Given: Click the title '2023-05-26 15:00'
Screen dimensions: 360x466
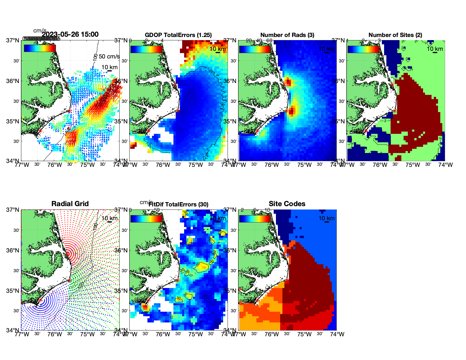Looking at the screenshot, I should pos(70,34).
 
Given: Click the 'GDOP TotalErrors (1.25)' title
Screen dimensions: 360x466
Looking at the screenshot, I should pos(178,35).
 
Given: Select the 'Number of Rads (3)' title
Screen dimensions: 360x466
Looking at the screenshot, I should pos(287,35).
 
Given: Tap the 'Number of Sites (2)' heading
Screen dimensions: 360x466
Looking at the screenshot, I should pos(395,35).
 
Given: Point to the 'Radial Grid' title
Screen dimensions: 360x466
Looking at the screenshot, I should pos(70,204).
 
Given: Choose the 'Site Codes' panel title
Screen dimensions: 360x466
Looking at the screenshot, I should pos(287,204).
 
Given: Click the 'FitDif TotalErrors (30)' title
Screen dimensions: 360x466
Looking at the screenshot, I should pos(179,204).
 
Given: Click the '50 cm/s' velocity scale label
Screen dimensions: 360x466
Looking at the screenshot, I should pos(109,56).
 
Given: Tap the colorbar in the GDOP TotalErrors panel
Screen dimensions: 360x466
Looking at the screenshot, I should pos(147,49).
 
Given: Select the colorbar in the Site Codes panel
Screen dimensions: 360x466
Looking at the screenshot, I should pos(255,219).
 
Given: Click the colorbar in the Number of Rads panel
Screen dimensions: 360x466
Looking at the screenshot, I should pos(255,49).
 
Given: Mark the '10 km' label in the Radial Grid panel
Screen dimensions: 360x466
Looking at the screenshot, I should pos(110,218).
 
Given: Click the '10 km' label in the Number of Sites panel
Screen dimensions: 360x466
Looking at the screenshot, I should pos(435,49).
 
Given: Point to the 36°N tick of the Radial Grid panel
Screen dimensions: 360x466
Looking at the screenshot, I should pos(13,250).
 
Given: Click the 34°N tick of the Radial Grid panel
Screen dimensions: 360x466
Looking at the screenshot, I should pos(13,330).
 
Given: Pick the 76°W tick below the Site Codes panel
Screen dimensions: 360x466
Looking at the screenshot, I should pos(272,334).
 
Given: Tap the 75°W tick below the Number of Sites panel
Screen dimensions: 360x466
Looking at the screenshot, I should pos(413,165).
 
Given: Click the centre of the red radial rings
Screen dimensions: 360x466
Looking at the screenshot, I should pos(68,254).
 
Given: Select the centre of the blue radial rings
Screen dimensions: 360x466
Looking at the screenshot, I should pos(40,300).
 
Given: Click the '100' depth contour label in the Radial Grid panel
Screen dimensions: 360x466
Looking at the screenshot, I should pos(95,226).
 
